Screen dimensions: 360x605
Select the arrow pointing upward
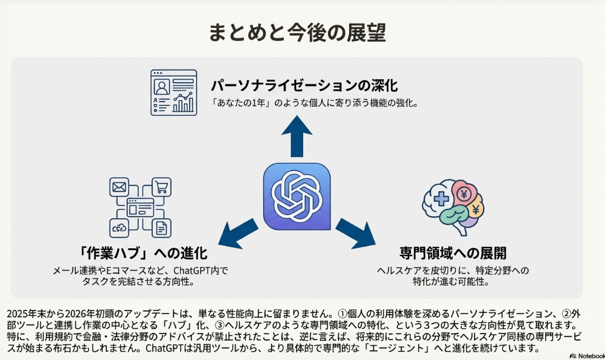[297, 135]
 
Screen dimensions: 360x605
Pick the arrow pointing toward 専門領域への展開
[355, 233]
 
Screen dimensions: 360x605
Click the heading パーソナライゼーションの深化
[304, 85]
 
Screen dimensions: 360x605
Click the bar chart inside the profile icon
[184, 104]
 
